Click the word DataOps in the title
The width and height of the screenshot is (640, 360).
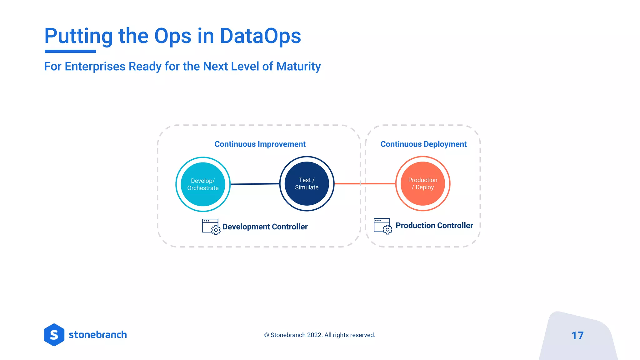tap(260, 36)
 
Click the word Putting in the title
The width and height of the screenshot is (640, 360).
tap(78, 36)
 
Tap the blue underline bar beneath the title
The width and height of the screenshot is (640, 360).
tap(70, 51)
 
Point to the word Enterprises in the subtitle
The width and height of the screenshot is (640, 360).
tap(95, 67)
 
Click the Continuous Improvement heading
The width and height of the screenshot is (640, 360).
tap(260, 144)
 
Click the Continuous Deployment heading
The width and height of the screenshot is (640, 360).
tap(423, 144)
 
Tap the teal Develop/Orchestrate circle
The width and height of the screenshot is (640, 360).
tap(203, 184)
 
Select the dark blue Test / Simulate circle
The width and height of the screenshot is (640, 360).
tap(307, 184)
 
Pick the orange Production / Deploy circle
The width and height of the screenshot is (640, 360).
tap(422, 184)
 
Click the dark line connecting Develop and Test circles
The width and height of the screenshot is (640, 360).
tap(255, 184)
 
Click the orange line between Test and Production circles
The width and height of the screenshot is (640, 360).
tap(364, 184)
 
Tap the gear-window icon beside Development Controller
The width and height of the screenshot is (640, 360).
tap(211, 227)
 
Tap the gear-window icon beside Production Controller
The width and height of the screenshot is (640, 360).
tap(382, 226)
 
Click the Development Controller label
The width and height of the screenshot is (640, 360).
tap(265, 227)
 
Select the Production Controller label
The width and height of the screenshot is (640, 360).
tap(434, 226)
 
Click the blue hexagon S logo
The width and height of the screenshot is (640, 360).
tap(54, 335)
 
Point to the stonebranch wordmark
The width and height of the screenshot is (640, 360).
tap(98, 335)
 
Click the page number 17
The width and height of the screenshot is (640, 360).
tap(577, 336)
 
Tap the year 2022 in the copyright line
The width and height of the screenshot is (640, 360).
tap(314, 335)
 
